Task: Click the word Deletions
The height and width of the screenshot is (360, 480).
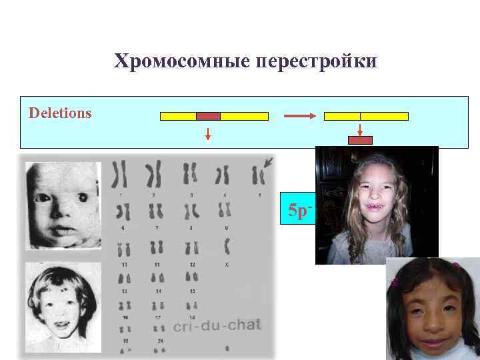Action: pos(60,113)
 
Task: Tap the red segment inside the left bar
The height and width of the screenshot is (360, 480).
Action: pos(208,116)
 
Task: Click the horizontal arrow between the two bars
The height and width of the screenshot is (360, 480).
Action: pos(299,116)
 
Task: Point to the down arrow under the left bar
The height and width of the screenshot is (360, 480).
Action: pos(208,133)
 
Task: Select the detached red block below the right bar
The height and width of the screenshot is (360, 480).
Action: pos(361,140)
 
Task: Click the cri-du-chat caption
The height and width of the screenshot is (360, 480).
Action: pos(217,325)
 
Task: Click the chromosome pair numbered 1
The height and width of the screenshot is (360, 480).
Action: pos(120,175)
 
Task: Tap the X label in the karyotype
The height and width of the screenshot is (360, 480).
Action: pos(227,264)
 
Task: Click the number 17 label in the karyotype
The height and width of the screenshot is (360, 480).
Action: pos(157,318)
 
